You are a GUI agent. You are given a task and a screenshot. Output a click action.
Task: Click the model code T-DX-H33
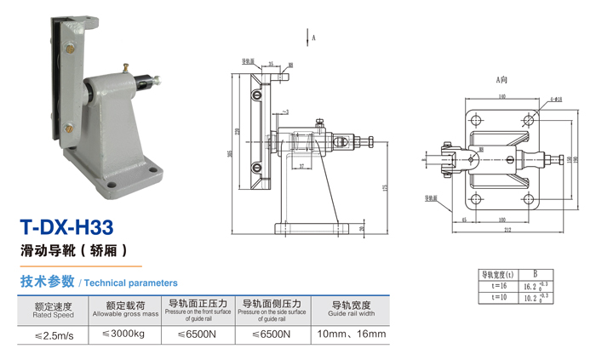tap(67, 227)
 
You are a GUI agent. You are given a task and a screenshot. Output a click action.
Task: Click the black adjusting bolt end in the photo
tap(157, 81)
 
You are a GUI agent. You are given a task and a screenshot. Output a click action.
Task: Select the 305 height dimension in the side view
tap(231, 153)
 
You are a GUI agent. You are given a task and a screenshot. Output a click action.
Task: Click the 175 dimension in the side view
tap(386, 187)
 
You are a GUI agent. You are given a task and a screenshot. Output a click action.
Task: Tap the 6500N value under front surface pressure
tap(196, 334)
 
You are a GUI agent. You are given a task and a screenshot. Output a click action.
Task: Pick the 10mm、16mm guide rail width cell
tap(352, 334)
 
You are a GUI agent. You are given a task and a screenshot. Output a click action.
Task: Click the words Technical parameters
tap(131, 283)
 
